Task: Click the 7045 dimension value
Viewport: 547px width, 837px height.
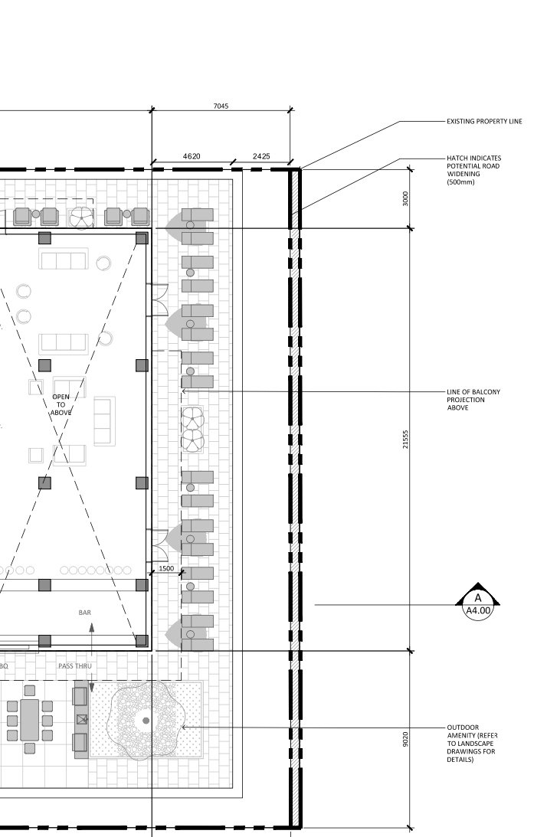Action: pyautogui.click(x=221, y=106)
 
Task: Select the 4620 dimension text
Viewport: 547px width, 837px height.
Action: pyautogui.click(x=192, y=156)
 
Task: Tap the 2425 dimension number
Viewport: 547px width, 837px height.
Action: pyautogui.click(x=261, y=156)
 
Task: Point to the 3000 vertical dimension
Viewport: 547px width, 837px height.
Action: pyautogui.click(x=405, y=198)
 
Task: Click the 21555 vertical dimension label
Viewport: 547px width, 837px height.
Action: pyautogui.click(x=405, y=439)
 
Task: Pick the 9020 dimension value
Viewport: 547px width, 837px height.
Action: pyautogui.click(x=405, y=739)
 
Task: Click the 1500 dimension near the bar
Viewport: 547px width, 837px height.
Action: pyautogui.click(x=166, y=568)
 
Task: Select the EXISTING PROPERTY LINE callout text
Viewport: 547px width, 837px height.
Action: pyautogui.click(x=484, y=121)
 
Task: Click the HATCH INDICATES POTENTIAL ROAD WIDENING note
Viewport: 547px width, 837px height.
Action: pyautogui.click(x=473, y=170)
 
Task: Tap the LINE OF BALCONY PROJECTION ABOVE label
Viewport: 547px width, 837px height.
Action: pyautogui.click(x=473, y=399)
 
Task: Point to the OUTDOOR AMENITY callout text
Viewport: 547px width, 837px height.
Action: pyautogui.click(x=472, y=743)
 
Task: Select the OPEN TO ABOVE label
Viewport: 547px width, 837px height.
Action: pyautogui.click(x=61, y=404)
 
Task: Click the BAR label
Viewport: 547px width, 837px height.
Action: pyautogui.click(x=85, y=613)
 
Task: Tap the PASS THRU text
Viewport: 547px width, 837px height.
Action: pyautogui.click(x=75, y=666)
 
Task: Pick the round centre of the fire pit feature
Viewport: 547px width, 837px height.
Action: pyautogui.click(x=146, y=721)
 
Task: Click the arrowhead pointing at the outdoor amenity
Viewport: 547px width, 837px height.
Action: pyautogui.click(x=184, y=727)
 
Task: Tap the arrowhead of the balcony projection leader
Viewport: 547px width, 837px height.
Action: pyautogui.click(x=184, y=391)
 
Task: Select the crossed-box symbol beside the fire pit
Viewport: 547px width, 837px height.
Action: pyautogui.click(x=82, y=719)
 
